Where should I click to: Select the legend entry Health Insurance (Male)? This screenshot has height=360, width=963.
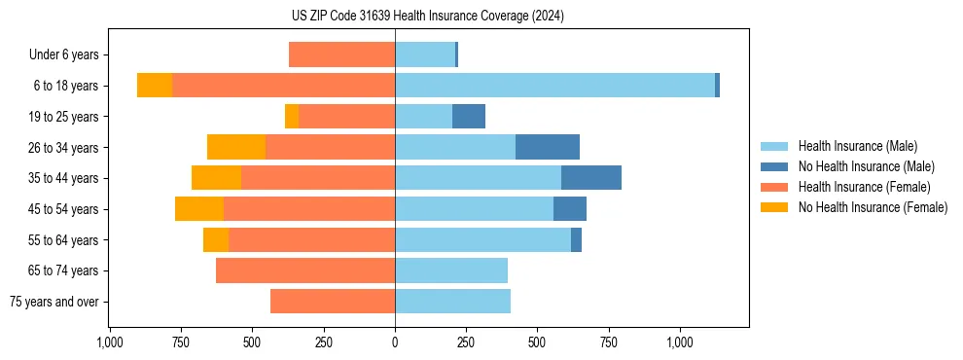857,146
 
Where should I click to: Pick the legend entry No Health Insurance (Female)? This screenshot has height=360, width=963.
873,207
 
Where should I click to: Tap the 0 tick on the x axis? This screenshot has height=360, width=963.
395,342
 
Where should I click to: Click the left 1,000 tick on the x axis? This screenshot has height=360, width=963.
110,342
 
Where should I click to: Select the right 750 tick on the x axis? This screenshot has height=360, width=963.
609,342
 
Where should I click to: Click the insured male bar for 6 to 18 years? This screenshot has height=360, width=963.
554,86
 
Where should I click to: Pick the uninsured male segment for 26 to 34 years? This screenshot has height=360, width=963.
548,147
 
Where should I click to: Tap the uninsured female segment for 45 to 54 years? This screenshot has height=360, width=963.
199,209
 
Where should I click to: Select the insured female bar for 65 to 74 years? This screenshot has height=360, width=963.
305,270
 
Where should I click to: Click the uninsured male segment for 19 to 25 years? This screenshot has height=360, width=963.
469,117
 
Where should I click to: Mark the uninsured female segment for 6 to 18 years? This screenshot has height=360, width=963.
155,86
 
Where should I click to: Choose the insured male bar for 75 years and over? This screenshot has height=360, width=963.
452,302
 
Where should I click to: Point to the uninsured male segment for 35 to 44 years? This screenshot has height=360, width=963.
591,178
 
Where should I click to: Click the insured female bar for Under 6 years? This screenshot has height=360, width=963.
341,55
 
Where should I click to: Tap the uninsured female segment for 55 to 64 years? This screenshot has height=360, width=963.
216,239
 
